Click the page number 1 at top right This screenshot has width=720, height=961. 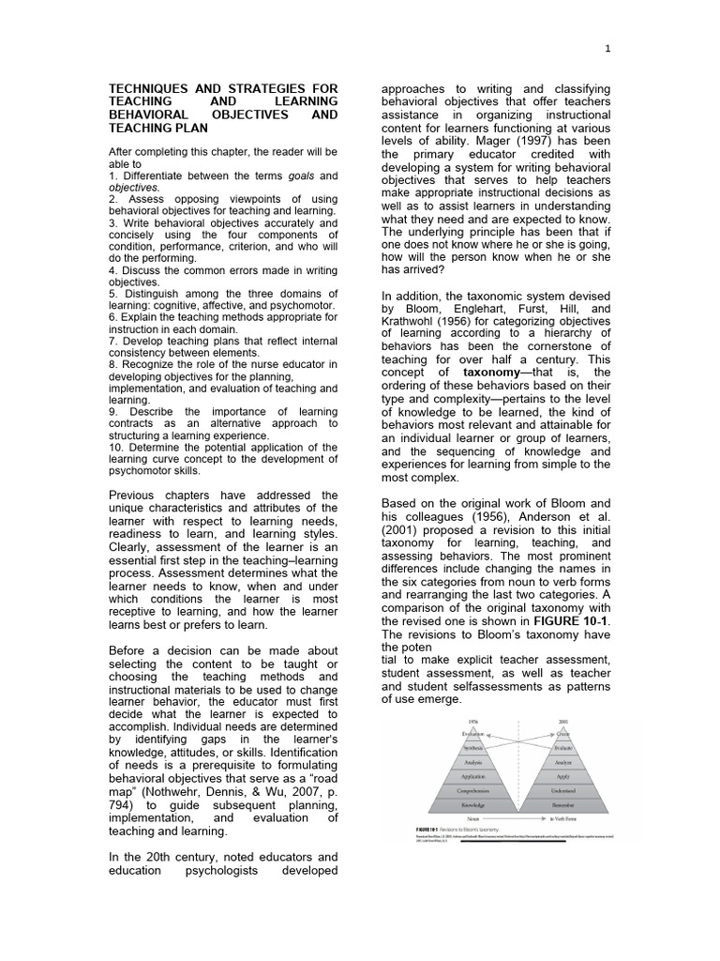pos(607,48)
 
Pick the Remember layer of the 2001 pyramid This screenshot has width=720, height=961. pos(563,805)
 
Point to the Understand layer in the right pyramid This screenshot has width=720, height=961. pos(563,791)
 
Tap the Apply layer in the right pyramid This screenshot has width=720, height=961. pos(563,777)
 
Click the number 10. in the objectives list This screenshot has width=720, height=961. pos(117,447)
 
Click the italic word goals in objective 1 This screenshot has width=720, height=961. pos(301,175)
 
